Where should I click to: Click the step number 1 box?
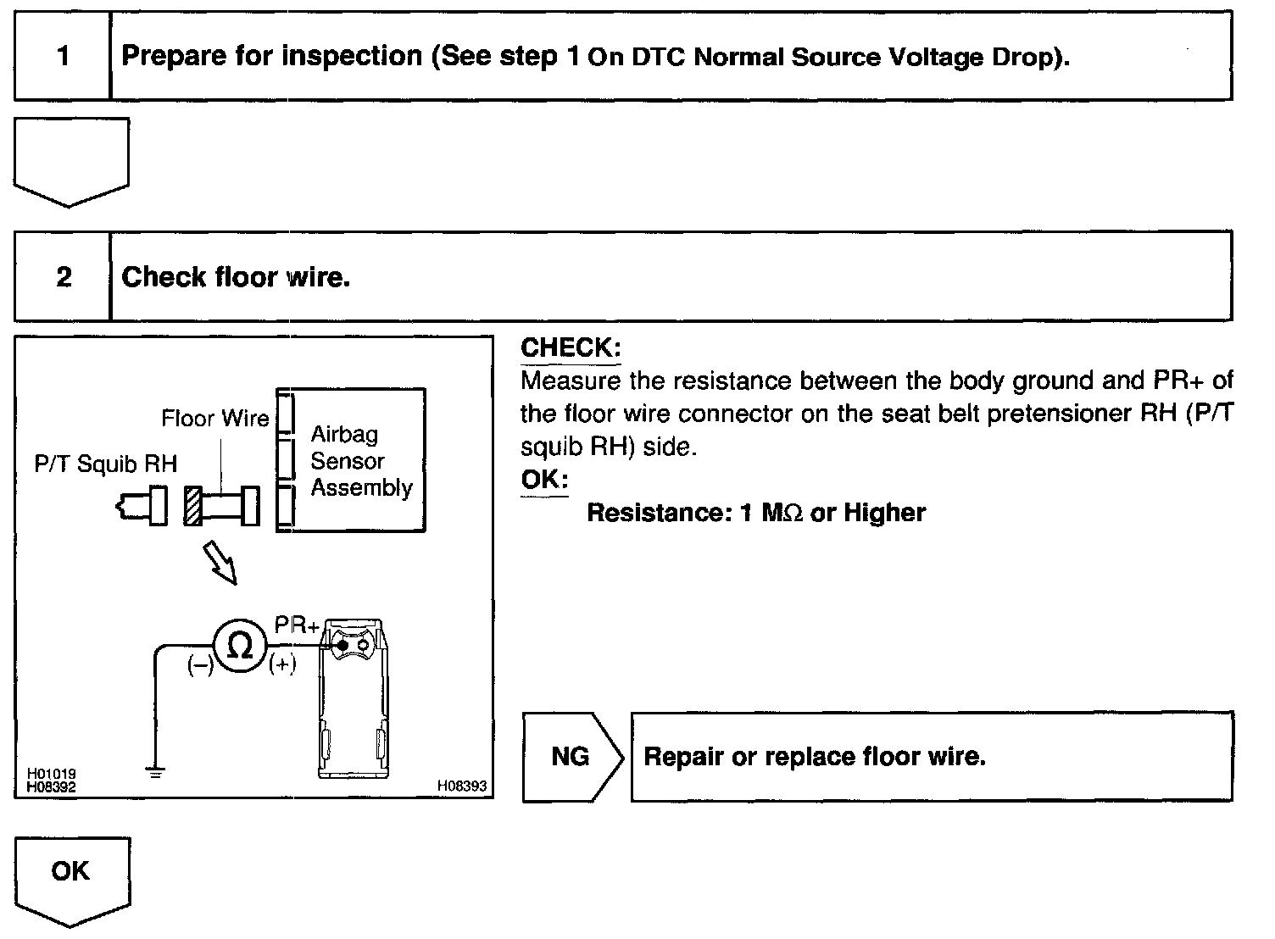point(63,57)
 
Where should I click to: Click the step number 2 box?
point(64,277)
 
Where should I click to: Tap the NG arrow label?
point(571,756)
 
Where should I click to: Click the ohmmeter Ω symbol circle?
point(241,647)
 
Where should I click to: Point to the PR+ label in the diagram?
point(297,625)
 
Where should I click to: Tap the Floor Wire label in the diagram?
point(214,418)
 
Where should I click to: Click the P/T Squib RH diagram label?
point(106,464)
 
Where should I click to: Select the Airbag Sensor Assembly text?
point(360,461)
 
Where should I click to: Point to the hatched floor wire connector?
point(193,506)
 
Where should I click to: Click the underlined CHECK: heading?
point(571,347)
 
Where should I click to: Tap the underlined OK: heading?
point(544,480)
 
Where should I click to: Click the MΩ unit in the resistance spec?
point(782,513)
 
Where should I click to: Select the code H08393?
point(462,786)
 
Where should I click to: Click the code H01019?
point(51,774)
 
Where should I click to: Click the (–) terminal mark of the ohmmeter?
point(200,666)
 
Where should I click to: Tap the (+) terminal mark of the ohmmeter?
point(282,666)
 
